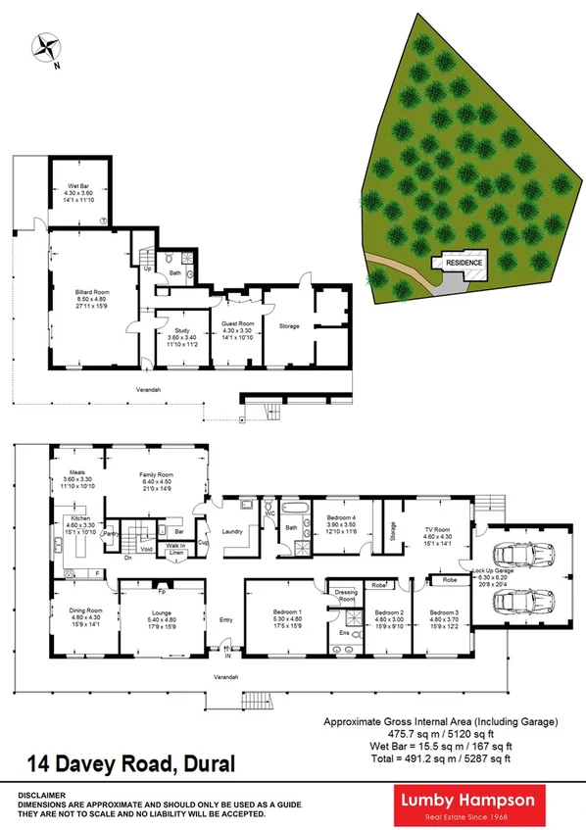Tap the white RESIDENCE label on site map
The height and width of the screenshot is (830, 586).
pos(464,264)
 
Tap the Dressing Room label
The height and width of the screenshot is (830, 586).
pos(346,595)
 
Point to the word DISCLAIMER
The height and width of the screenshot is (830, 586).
pos(39,796)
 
